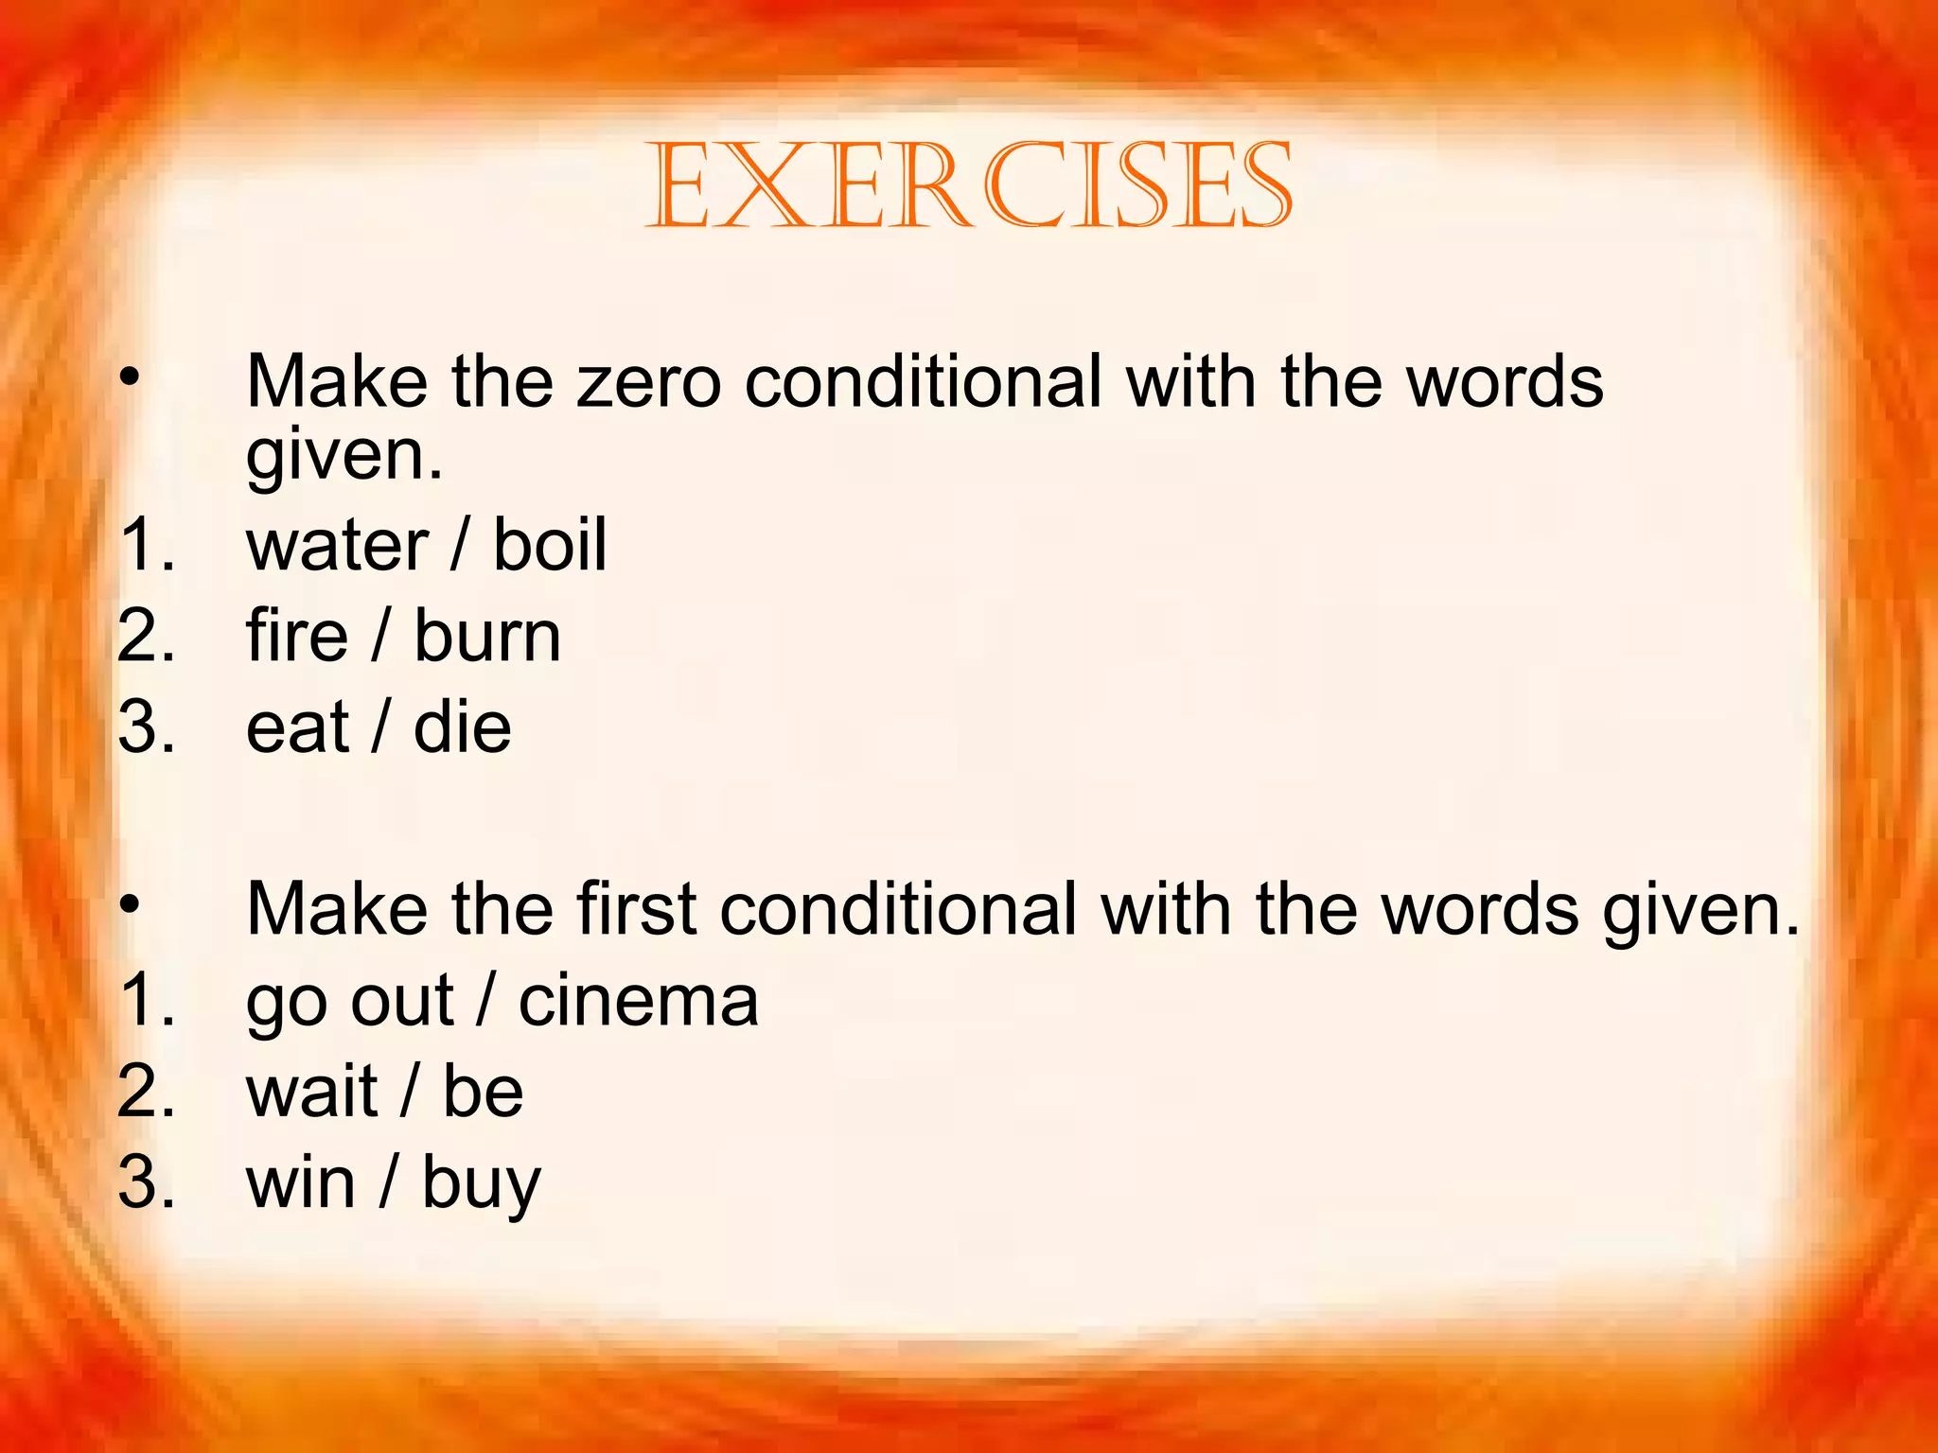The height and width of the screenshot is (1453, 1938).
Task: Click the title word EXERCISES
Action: [968, 185]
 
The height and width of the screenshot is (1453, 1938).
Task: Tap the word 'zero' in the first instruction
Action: [648, 383]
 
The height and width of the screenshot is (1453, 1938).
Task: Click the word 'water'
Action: [337, 547]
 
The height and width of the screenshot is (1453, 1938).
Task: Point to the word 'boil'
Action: [550, 546]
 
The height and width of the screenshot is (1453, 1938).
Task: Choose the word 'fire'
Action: [296, 636]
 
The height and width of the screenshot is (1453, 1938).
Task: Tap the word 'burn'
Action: [487, 636]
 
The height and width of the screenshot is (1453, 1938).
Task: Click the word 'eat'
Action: [297, 728]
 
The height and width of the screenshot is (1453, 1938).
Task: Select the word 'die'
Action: [462, 727]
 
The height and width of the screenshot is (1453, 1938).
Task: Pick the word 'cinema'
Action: [639, 1001]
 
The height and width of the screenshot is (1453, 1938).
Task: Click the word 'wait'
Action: [311, 1092]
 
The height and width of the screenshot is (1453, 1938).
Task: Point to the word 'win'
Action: [301, 1182]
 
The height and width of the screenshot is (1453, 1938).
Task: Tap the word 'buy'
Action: [481, 1184]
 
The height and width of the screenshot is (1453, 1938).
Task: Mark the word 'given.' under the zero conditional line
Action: [344, 456]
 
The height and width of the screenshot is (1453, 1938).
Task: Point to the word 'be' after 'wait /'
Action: [483, 1092]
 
